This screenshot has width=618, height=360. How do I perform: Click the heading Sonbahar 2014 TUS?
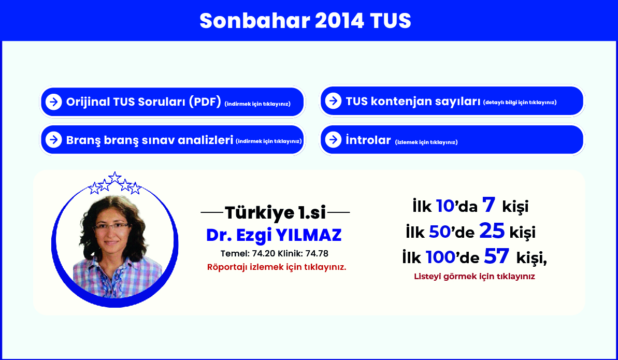[305, 21]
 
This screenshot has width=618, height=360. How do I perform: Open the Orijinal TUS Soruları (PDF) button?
[173, 102]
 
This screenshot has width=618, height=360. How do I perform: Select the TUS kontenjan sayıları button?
[452, 101]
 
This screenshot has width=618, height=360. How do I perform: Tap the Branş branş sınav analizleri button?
[173, 139]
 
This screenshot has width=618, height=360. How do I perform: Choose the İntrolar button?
[452, 139]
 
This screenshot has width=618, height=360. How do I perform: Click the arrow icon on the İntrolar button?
[334, 139]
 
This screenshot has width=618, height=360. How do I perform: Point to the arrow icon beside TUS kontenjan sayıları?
[334, 100]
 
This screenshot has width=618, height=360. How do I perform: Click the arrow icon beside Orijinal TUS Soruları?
[53, 102]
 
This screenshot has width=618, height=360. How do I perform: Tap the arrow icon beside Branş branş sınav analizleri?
[53, 139]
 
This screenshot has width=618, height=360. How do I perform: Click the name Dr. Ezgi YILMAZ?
[274, 235]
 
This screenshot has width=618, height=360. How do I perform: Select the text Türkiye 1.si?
[275, 213]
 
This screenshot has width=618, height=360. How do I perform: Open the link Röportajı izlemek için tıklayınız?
[277, 267]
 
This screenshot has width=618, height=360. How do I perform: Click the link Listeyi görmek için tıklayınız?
[475, 277]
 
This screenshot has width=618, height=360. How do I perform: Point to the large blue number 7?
[488, 205]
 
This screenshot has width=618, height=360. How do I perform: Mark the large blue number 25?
[492, 231]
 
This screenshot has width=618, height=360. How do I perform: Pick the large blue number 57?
[497, 256]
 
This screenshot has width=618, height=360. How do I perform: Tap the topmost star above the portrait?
[114, 177]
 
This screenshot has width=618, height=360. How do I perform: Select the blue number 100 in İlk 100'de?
[441, 257]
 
